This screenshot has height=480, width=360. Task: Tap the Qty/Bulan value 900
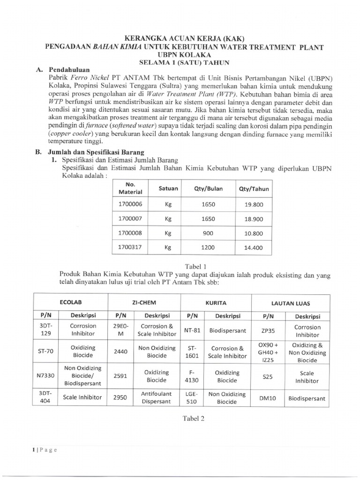tap(208, 233)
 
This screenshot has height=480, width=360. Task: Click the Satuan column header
tap(168, 188)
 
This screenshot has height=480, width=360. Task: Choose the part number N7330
tap(45, 375)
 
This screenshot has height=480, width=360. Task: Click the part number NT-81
tap(192, 330)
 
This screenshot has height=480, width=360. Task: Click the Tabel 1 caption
tap(195, 266)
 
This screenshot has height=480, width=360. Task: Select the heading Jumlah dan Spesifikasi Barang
tap(97, 152)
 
